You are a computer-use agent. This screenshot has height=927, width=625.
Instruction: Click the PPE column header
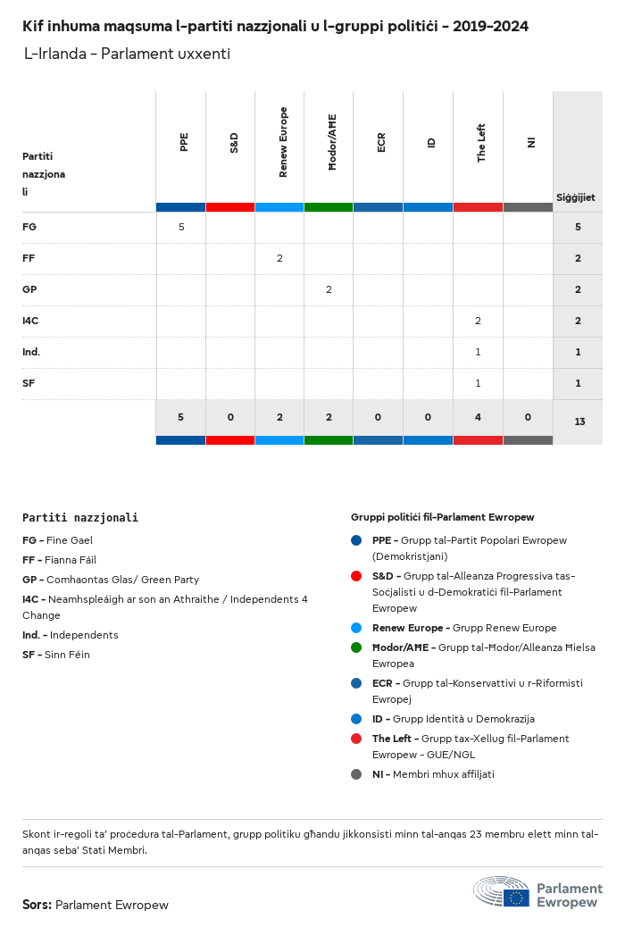click(x=184, y=142)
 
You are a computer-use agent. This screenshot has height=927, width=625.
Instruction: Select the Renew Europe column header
click(x=283, y=142)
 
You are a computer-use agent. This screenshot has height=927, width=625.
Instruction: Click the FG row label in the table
click(x=29, y=227)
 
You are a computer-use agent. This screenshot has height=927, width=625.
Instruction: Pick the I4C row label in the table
click(x=30, y=321)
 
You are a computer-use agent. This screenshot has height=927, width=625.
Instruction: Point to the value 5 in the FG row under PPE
click(x=181, y=227)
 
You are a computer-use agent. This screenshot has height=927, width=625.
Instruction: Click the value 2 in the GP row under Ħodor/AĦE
click(x=329, y=289)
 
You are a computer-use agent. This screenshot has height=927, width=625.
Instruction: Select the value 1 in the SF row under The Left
click(x=478, y=383)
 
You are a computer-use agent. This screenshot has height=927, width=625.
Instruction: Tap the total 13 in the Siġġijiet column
click(x=579, y=421)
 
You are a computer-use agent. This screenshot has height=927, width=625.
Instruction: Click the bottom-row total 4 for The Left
click(x=478, y=417)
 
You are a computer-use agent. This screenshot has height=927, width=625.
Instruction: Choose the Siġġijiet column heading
click(x=576, y=197)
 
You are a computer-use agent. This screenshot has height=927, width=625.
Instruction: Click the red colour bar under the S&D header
click(x=230, y=207)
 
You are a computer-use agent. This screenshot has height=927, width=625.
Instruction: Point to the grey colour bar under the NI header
click(x=528, y=207)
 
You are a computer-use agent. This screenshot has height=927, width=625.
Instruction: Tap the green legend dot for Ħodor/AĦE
click(x=356, y=647)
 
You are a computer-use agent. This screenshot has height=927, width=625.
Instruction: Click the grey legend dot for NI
click(x=356, y=774)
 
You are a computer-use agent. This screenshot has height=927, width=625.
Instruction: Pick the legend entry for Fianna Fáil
click(x=57, y=560)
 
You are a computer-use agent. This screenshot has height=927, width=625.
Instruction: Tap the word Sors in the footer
click(x=37, y=905)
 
